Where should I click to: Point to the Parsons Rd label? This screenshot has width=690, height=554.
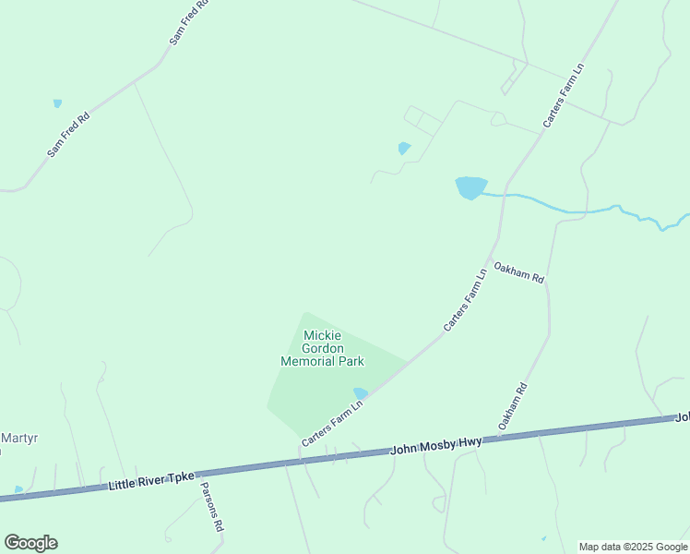211,504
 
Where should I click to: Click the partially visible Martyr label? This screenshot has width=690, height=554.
18,438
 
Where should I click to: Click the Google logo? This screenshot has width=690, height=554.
30,543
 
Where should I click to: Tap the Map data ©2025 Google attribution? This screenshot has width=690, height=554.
633,547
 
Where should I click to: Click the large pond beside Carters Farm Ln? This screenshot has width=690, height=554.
470,187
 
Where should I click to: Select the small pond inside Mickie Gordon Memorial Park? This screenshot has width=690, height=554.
361,393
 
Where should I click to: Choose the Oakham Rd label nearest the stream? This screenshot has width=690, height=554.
519,272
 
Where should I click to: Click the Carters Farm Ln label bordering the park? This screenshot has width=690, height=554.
333,420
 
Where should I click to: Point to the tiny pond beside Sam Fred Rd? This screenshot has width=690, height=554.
57,103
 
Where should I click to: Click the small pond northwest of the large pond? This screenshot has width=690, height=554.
404,148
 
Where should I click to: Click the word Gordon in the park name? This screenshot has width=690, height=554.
322,348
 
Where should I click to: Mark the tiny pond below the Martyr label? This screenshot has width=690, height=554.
18,489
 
